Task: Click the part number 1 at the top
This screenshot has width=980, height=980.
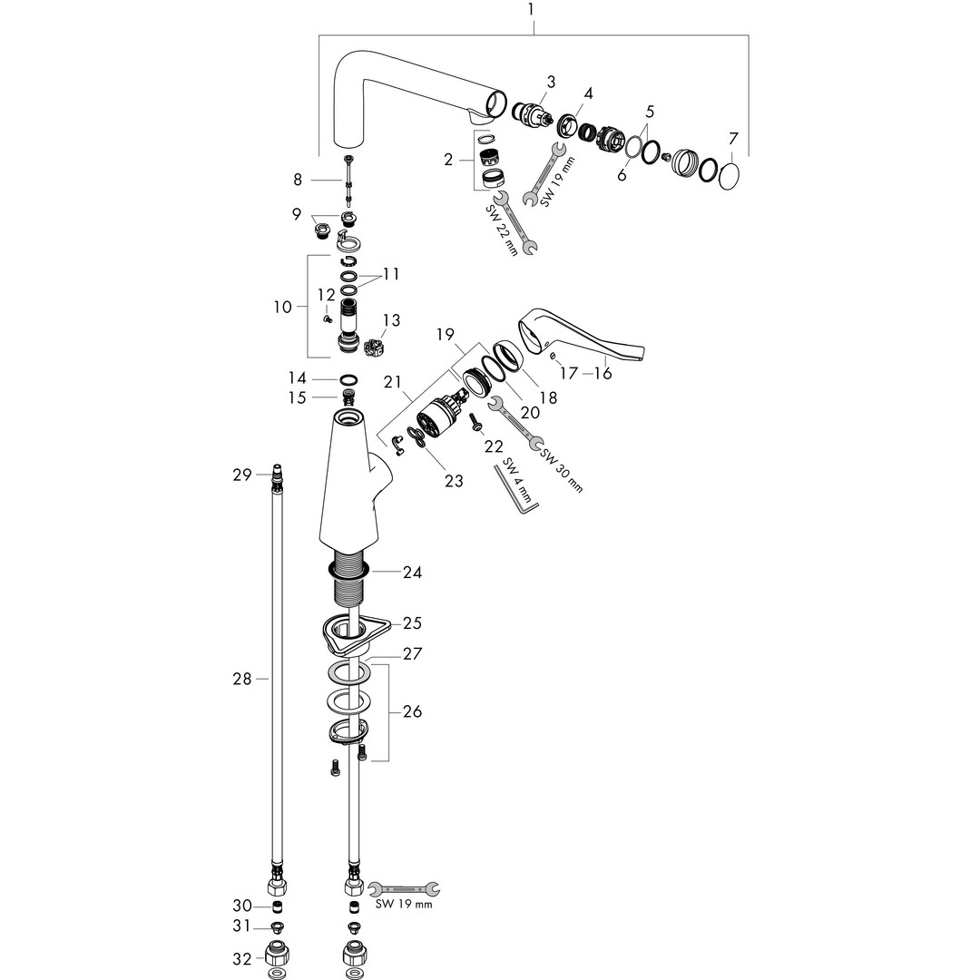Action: pos(532,10)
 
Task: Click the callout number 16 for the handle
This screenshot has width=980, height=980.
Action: pos(603,373)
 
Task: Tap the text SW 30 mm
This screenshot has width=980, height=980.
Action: pos(563,470)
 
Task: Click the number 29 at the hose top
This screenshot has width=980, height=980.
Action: pos(241,474)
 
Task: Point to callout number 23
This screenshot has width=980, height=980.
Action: pos(453,481)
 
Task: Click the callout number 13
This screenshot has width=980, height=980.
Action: pos(391,319)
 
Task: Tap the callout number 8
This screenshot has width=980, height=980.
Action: pos(298,180)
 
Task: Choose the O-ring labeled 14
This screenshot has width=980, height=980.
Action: pos(348,378)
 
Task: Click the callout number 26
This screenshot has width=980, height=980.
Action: pos(412,711)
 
